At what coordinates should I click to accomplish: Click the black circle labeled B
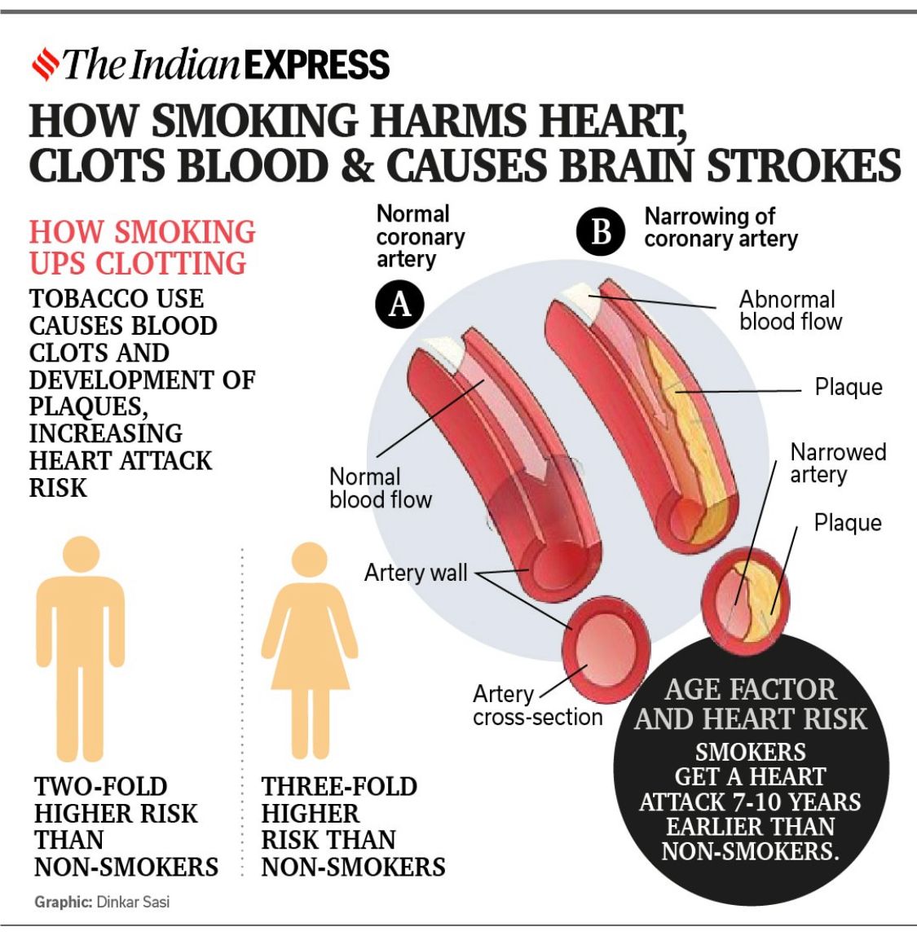click(601, 231)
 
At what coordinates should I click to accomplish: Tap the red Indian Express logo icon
click(44, 64)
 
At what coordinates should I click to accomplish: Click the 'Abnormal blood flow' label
click(789, 310)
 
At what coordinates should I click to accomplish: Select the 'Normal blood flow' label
click(380, 488)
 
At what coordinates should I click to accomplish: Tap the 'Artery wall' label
click(416, 573)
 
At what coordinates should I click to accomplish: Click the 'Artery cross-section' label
click(537, 705)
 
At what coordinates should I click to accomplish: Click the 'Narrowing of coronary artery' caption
click(720, 227)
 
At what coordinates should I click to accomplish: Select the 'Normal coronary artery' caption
click(420, 236)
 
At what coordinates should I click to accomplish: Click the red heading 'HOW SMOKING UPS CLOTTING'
click(142, 247)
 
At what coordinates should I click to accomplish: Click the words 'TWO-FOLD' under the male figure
click(101, 786)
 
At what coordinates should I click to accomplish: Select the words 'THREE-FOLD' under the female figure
click(339, 786)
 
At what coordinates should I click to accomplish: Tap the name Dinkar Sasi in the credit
click(133, 902)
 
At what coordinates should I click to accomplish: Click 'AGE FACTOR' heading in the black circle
click(750, 689)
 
